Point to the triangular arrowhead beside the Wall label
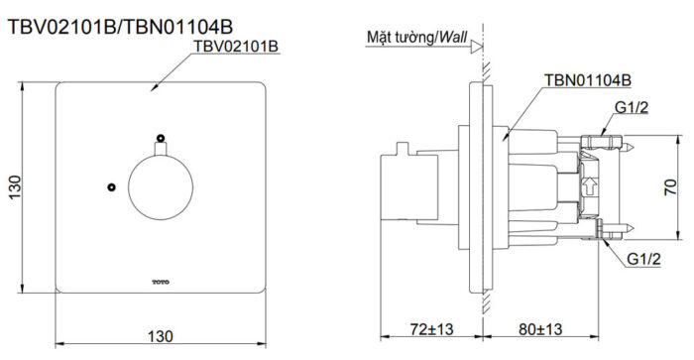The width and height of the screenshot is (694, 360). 476,46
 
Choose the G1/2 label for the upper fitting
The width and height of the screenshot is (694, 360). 632,107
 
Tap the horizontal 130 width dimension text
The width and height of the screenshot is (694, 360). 161,334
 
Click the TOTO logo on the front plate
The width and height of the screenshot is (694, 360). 160,282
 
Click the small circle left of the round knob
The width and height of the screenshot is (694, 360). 112,186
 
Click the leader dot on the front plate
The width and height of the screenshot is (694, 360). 152,89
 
